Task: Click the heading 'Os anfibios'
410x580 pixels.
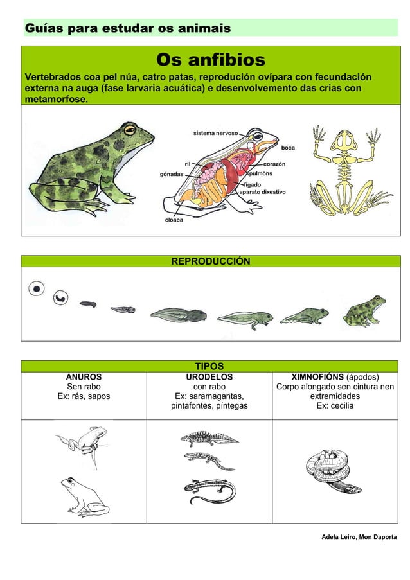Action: pyautogui.click(x=210, y=60)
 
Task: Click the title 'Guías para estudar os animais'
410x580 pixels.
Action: pyautogui.click(x=127, y=29)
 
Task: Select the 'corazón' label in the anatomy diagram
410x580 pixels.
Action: pyautogui.click(x=274, y=164)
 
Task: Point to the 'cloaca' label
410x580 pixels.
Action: pyautogui.click(x=172, y=220)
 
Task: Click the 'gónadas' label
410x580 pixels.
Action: pyautogui.click(x=171, y=174)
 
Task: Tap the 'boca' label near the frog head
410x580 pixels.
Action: pyautogui.click(x=288, y=148)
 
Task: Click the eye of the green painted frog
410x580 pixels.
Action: pyautogui.click(x=130, y=130)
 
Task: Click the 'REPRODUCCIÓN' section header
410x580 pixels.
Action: pyautogui.click(x=210, y=261)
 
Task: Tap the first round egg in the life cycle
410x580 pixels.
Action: pyautogui.click(x=37, y=289)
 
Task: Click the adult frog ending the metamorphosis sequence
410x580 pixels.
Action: pyautogui.click(x=364, y=311)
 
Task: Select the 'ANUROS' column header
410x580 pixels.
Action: pyautogui.click(x=84, y=377)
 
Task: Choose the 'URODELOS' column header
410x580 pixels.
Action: pyautogui.click(x=209, y=377)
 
